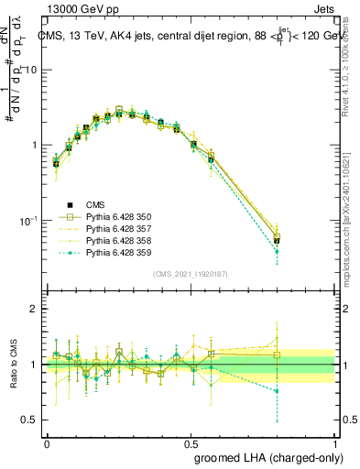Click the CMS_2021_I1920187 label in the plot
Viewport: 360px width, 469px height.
point(190,274)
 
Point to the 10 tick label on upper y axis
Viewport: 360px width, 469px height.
point(33,71)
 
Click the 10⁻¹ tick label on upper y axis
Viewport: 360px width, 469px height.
point(29,221)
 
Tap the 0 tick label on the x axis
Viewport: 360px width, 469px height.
point(47,443)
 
